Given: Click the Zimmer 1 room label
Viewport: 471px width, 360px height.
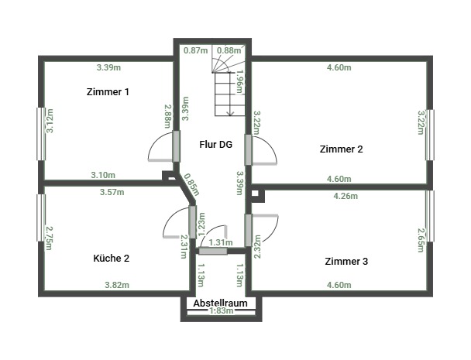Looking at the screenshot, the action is (108, 92).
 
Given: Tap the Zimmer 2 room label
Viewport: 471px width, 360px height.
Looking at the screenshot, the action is (341, 149).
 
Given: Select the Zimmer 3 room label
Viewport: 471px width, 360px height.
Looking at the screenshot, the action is (346, 261).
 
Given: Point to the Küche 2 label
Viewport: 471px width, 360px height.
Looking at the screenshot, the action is (111, 259).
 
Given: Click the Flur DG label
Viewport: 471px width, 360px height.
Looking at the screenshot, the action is (216, 145).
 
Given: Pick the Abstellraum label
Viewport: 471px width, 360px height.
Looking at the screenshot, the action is (221, 303).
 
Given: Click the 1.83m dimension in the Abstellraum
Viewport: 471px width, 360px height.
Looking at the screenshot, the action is (221, 310).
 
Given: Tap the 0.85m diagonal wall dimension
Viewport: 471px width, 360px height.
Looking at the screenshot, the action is (191, 184).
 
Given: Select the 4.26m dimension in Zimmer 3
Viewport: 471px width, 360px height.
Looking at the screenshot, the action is (346, 196).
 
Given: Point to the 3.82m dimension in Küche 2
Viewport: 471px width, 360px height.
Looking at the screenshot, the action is (117, 285).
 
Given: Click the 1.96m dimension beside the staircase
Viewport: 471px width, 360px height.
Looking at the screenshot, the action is (239, 81).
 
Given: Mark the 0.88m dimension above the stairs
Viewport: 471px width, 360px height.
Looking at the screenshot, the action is (229, 50).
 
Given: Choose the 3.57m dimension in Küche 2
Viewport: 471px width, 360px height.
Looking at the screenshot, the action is (112, 192).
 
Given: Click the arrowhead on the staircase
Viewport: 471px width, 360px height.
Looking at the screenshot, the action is (230, 113).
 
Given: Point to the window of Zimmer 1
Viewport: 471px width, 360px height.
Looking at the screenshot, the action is (41, 134).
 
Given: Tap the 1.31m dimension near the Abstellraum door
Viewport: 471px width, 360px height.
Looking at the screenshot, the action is (221, 242).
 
